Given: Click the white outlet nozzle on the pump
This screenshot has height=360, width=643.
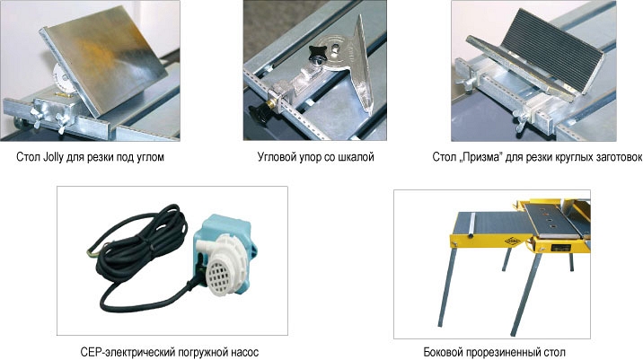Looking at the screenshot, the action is pos(204,247).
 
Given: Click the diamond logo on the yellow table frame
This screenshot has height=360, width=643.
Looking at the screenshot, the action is pos(513,241).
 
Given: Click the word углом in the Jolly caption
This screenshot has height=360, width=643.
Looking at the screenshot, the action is pos(148,157).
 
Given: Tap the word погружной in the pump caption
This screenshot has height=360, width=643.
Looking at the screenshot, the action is pos(198,352).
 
